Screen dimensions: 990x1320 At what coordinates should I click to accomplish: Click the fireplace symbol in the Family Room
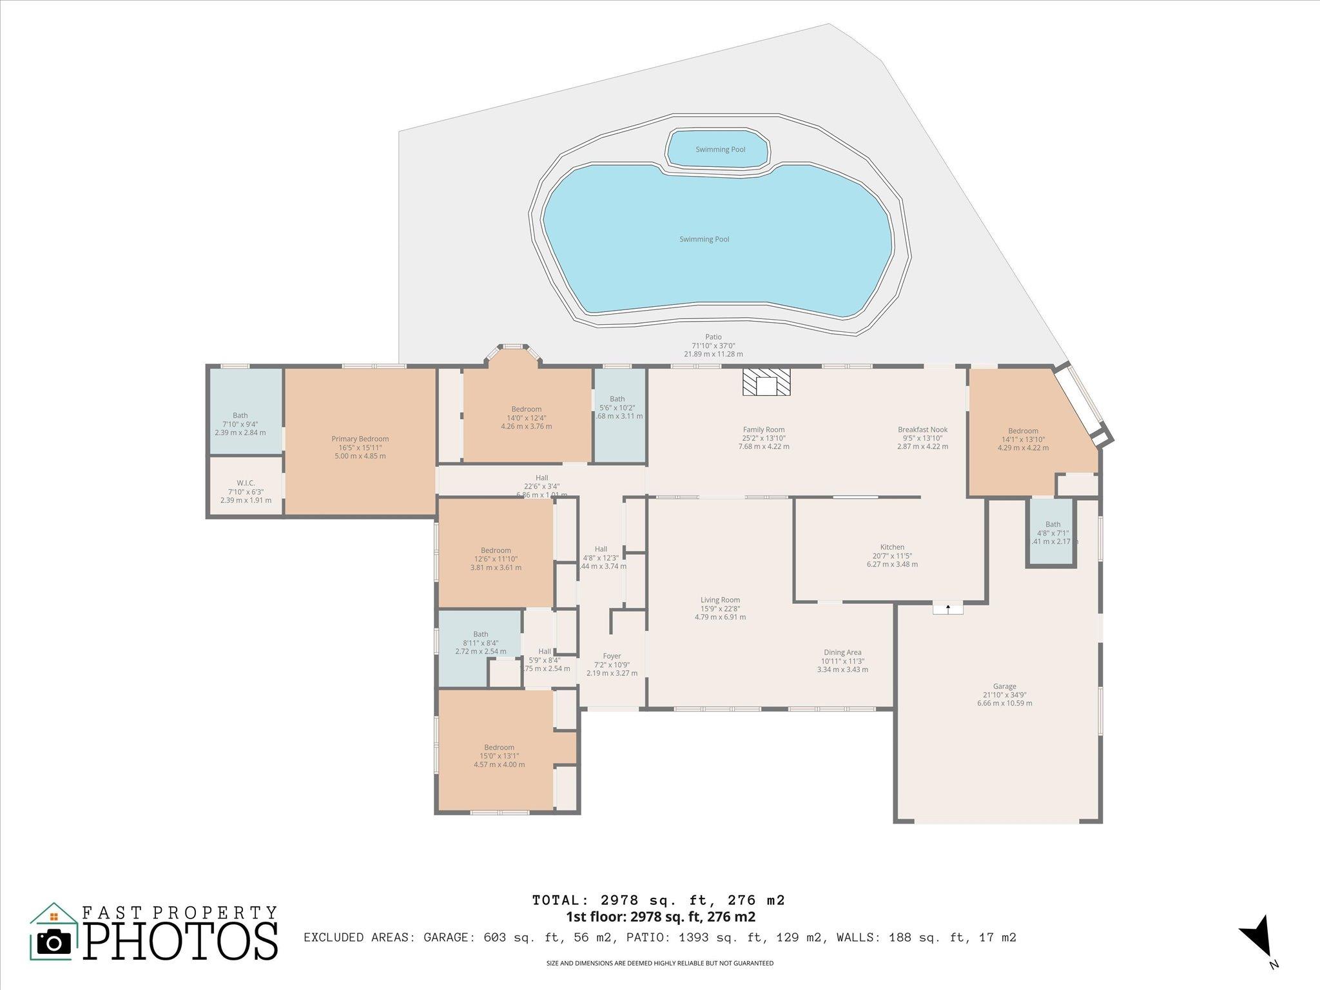766,382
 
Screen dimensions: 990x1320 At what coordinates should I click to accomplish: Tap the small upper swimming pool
719,150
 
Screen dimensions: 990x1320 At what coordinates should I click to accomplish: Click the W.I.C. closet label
246,483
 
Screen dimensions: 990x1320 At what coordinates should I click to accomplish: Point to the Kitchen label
892,547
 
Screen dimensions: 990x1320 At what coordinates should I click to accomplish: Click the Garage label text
1004,686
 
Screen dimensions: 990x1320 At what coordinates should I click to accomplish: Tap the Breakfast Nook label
922,430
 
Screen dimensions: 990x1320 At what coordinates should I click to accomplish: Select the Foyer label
612,656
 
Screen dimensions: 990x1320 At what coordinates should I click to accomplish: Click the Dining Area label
842,652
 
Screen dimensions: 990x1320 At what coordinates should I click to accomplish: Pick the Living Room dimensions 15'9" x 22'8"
720,608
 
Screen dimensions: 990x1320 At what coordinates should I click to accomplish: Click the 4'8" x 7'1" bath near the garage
1053,533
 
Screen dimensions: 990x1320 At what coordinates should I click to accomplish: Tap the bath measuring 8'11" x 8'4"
480,643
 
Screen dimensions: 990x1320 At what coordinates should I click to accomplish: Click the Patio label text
713,337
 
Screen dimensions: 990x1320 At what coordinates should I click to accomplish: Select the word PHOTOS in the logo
180,942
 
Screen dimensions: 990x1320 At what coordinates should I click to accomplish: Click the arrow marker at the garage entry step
947,608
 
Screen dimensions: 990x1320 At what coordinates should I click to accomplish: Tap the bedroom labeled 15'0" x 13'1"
499,755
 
